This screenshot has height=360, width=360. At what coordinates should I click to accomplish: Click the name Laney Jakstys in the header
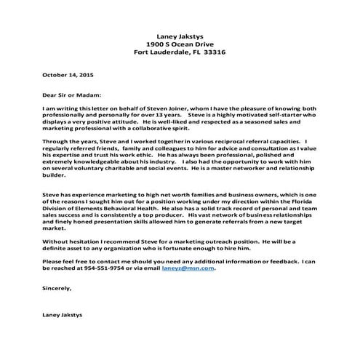click(180, 35)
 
